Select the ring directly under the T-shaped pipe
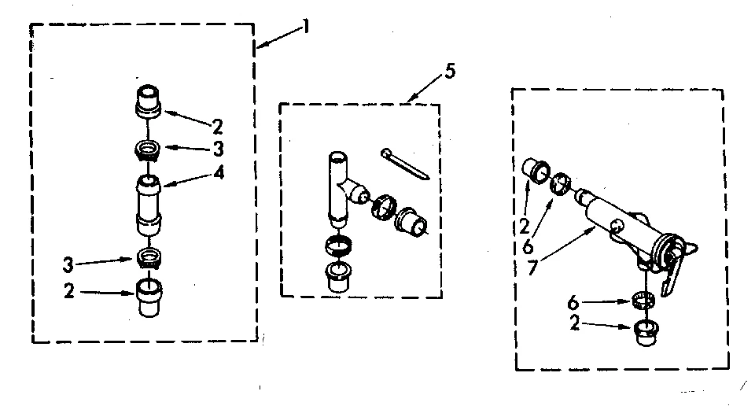(x=338, y=246)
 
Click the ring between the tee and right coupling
(x=380, y=206)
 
